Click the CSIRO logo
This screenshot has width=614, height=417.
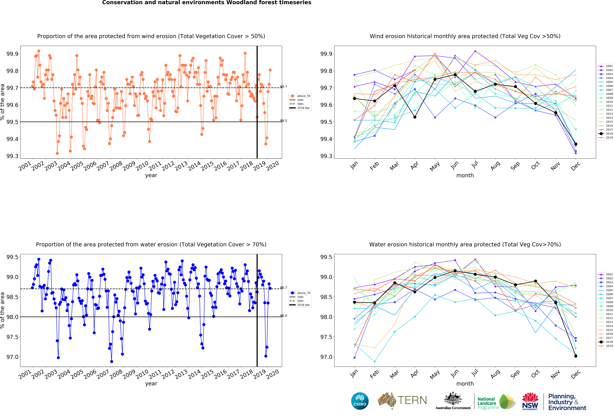tap(360, 401)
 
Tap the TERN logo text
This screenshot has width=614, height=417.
tap(412, 400)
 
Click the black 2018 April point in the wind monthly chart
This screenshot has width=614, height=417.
tap(415, 117)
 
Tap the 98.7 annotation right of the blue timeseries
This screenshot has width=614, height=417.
tap(283, 288)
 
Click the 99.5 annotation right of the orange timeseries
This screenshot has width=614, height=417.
tap(283, 121)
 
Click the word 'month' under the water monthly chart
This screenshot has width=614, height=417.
tap(465, 384)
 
